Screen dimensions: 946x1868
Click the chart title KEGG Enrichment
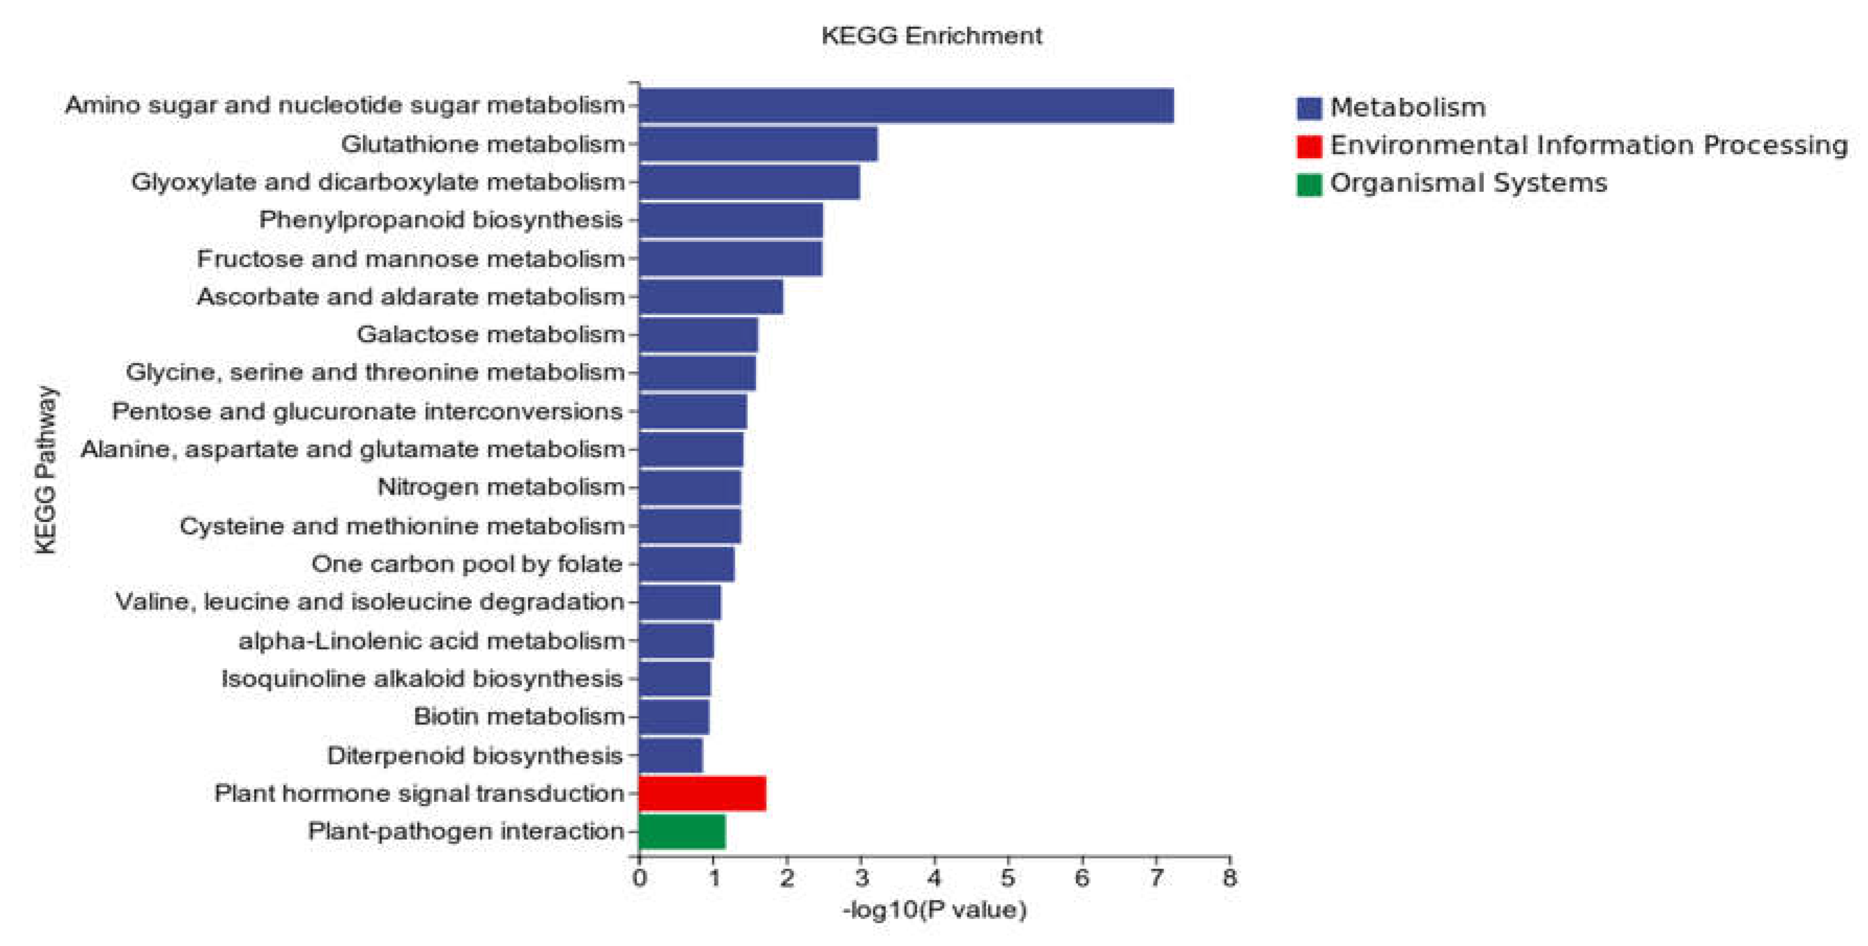click(x=932, y=36)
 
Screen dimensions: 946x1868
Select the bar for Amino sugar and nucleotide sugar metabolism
click(x=906, y=106)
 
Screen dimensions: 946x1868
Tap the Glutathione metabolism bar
click(x=758, y=144)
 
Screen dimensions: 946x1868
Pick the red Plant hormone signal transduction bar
click(x=702, y=793)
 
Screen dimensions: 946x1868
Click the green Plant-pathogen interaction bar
click(x=682, y=832)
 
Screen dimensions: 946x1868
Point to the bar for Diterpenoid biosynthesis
click(x=671, y=755)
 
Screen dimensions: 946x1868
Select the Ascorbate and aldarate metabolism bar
click(x=711, y=297)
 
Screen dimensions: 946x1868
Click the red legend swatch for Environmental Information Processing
click(x=1309, y=146)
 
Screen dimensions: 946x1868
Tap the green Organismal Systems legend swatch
click(x=1309, y=183)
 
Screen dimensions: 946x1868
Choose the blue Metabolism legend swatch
click(x=1309, y=108)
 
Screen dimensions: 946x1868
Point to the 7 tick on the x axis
click(x=1156, y=878)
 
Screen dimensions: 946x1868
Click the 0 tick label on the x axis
click(x=639, y=878)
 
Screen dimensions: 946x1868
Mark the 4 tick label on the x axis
click(x=935, y=878)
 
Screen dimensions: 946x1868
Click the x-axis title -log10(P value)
click(x=935, y=909)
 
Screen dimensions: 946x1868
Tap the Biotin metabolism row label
click(x=518, y=717)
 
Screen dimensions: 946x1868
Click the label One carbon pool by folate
click(x=467, y=564)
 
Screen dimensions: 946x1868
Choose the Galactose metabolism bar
click(x=698, y=335)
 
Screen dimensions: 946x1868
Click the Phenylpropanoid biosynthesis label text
click(x=441, y=219)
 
